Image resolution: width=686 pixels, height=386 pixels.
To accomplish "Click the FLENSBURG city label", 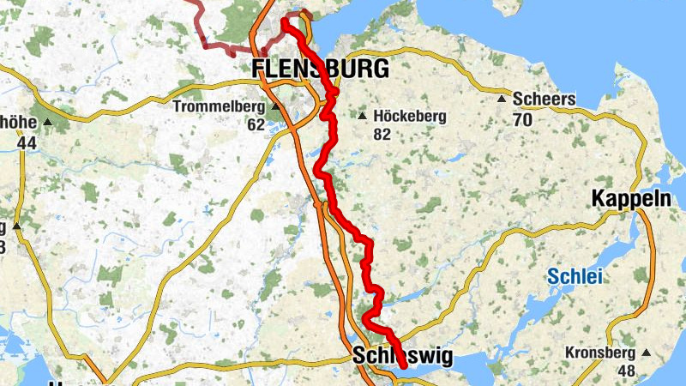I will [x=319, y=69].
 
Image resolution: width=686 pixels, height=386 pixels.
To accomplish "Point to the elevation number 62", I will [x=256, y=124].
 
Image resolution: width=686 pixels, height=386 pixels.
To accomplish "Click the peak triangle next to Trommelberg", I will [x=275, y=107].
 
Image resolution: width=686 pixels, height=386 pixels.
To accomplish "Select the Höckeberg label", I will [x=410, y=117].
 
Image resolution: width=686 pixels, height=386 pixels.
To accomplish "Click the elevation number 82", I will [x=382, y=134].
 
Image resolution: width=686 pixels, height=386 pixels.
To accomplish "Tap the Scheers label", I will [x=544, y=100].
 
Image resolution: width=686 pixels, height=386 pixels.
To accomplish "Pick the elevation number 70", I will [x=522, y=119].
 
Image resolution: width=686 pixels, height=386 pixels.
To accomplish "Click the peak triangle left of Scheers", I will [x=502, y=100].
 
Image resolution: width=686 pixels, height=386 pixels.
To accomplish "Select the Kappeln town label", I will [x=631, y=199].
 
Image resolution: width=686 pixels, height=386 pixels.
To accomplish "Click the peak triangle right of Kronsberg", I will [x=646, y=353].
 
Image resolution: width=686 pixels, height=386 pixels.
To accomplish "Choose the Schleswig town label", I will [x=401, y=357].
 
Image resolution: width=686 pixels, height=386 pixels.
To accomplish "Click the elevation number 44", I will [x=27, y=142].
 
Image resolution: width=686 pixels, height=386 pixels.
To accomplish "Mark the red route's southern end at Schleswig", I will [x=403, y=366].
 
